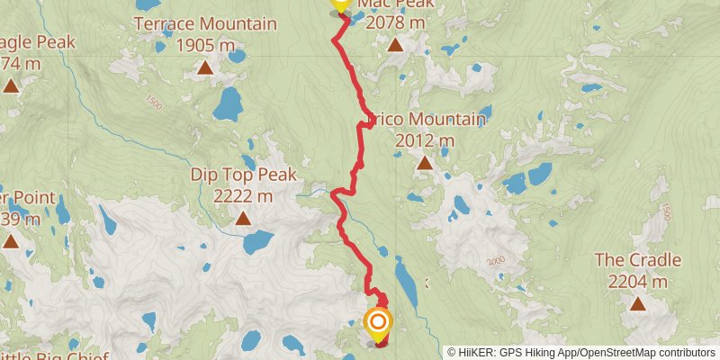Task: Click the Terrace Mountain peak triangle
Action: (x=205, y=67)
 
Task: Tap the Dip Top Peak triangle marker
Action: (x=243, y=218)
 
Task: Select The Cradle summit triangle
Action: (x=638, y=303)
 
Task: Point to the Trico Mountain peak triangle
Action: (x=424, y=163)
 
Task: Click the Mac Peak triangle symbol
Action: (x=394, y=43)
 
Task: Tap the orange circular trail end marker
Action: (x=378, y=322)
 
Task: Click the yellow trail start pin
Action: (x=339, y=5)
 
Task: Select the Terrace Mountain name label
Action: (x=205, y=23)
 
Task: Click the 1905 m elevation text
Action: (x=205, y=44)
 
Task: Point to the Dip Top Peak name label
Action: (x=243, y=174)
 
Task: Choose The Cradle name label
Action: (x=638, y=260)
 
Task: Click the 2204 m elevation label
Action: (x=638, y=281)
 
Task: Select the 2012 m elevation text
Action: (x=424, y=140)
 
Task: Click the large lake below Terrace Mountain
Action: (x=229, y=104)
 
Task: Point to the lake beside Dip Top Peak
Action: (x=259, y=241)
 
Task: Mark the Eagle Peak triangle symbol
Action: (x=11, y=86)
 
